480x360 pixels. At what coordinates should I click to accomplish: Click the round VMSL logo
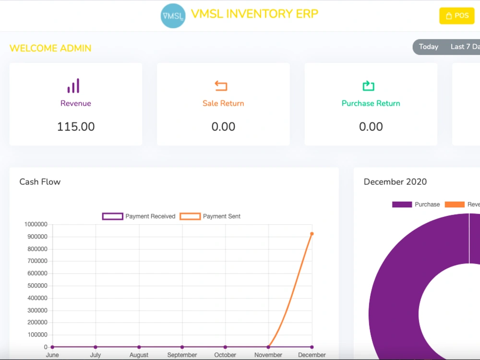click(x=173, y=16)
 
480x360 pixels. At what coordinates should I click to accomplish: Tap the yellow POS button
click(x=457, y=16)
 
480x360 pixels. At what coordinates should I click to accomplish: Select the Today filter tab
click(x=429, y=47)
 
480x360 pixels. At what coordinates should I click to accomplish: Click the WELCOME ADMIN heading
click(x=50, y=48)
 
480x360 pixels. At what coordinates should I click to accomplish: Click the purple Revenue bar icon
click(x=73, y=86)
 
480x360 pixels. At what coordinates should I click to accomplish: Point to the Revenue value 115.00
click(x=76, y=127)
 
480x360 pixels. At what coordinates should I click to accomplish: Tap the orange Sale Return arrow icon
click(x=221, y=86)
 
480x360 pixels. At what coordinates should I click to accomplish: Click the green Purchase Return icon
click(x=369, y=86)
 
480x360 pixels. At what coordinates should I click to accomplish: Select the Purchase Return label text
click(x=371, y=104)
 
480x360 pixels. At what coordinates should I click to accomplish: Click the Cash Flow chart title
click(x=40, y=182)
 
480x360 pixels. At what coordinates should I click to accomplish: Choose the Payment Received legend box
click(x=113, y=216)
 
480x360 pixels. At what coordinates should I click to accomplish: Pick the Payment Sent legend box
click(x=190, y=216)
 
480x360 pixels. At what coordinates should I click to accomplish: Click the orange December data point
click(x=312, y=234)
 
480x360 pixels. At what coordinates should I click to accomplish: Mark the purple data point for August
click(x=139, y=347)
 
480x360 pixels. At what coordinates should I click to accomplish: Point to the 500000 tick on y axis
click(x=37, y=286)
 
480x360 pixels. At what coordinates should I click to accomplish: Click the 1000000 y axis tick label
click(x=36, y=224)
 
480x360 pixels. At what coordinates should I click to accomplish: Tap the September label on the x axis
click(x=182, y=355)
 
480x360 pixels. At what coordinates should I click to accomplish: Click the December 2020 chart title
click(x=395, y=182)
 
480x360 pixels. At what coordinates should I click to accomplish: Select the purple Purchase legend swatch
click(x=402, y=204)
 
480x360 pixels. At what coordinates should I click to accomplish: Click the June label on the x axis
click(x=52, y=355)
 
